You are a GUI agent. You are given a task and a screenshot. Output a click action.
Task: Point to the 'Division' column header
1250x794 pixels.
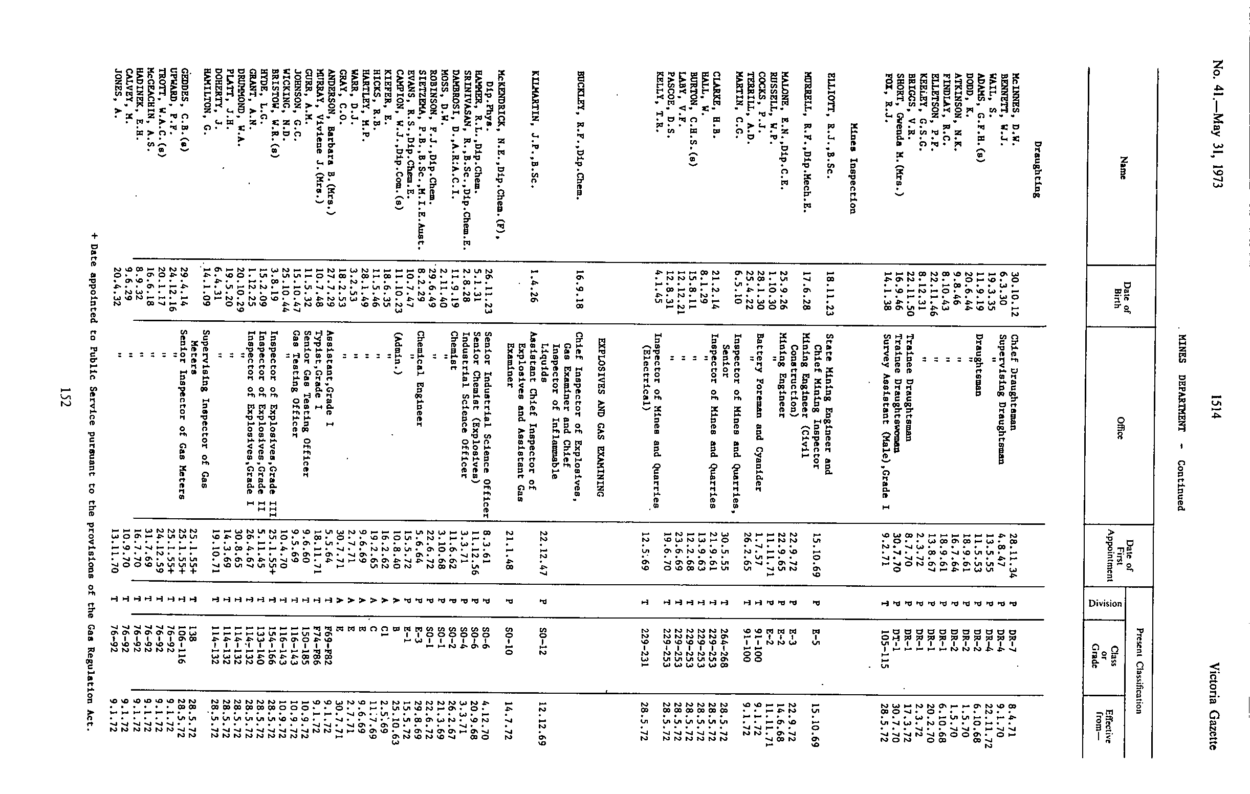click(x=1105, y=603)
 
